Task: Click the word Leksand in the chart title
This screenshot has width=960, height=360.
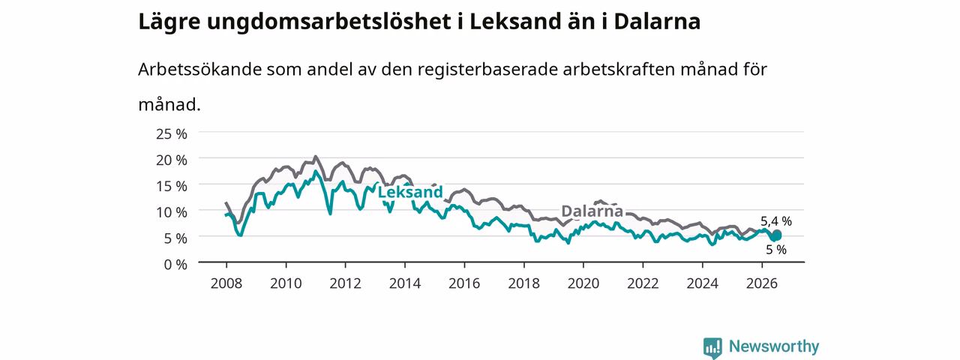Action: (515, 22)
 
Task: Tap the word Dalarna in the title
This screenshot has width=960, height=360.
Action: (657, 22)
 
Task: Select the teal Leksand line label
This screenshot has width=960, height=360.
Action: (410, 191)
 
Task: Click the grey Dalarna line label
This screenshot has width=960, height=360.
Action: (592, 211)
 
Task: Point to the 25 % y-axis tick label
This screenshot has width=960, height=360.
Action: (172, 134)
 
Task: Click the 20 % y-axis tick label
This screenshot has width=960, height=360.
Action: (172, 160)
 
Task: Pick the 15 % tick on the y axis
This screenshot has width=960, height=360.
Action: (172, 186)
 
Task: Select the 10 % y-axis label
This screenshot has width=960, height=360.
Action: (172, 212)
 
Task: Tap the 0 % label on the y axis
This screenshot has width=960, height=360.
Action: (175, 265)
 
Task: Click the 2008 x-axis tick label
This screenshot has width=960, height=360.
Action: (226, 283)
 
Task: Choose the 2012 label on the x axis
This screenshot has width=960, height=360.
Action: (346, 283)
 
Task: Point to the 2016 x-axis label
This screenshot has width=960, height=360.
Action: (464, 283)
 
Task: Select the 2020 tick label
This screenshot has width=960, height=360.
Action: (583, 283)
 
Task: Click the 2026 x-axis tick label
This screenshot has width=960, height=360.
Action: (761, 283)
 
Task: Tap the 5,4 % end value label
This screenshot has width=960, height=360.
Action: (776, 221)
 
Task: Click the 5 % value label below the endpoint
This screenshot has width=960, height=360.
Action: (776, 250)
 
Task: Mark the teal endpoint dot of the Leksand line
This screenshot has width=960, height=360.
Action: (776, 235)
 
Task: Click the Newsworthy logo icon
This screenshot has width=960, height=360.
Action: (712, 347)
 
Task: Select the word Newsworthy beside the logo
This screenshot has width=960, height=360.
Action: (774, 346)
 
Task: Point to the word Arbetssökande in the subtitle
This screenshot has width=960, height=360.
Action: (199, 70)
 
